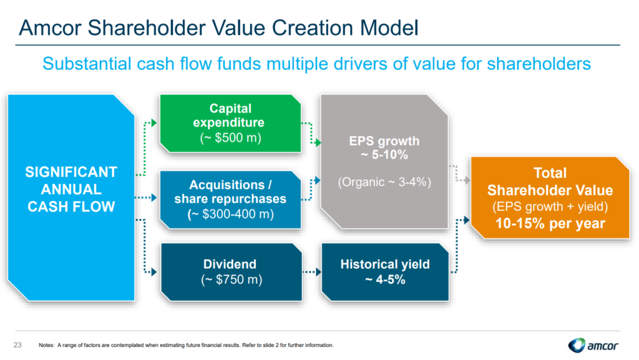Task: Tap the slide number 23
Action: tap(17, 345)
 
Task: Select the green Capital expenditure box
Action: tap(228, 122)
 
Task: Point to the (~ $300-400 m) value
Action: tap(230, 213)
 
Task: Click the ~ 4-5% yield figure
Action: tap(385, 280)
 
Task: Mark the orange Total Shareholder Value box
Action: tap(550, 198)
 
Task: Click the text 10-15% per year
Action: tap(550, 223)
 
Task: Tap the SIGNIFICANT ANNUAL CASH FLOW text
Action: tap(72, 188)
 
